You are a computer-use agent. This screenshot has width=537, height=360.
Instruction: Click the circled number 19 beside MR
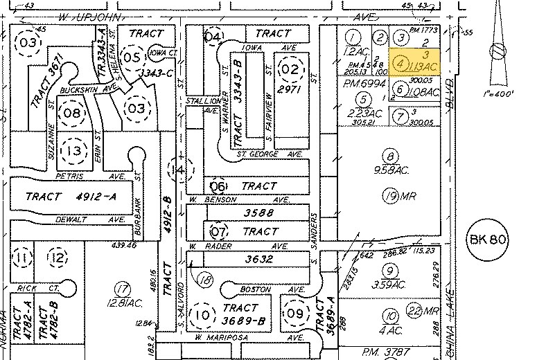click(391, 197)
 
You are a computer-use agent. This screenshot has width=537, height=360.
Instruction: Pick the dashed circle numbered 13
click(73, 150)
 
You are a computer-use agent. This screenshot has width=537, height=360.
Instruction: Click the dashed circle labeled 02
click(290, 68)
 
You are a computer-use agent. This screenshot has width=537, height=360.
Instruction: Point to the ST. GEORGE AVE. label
click(270, 154)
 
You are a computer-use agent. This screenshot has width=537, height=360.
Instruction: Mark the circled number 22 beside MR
click(414, 309)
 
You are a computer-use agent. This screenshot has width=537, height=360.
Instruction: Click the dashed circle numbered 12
click(58, 258)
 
